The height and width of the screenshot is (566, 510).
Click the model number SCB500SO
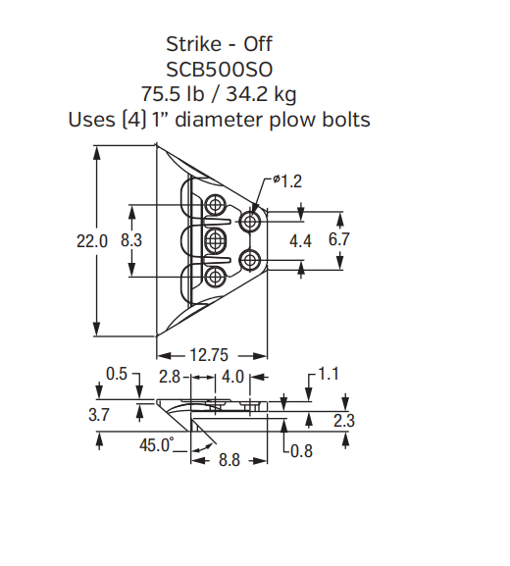tap(218, 69)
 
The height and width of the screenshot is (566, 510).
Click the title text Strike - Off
tap(219, 43)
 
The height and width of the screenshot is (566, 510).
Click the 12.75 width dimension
tap(209, 355)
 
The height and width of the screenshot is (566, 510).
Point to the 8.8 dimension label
tap(229, 458)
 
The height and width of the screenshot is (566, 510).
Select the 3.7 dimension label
tap(99, 416)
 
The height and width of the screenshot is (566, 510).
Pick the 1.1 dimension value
tap(328, 374)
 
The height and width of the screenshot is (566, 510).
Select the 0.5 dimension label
tap(117, 374)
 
